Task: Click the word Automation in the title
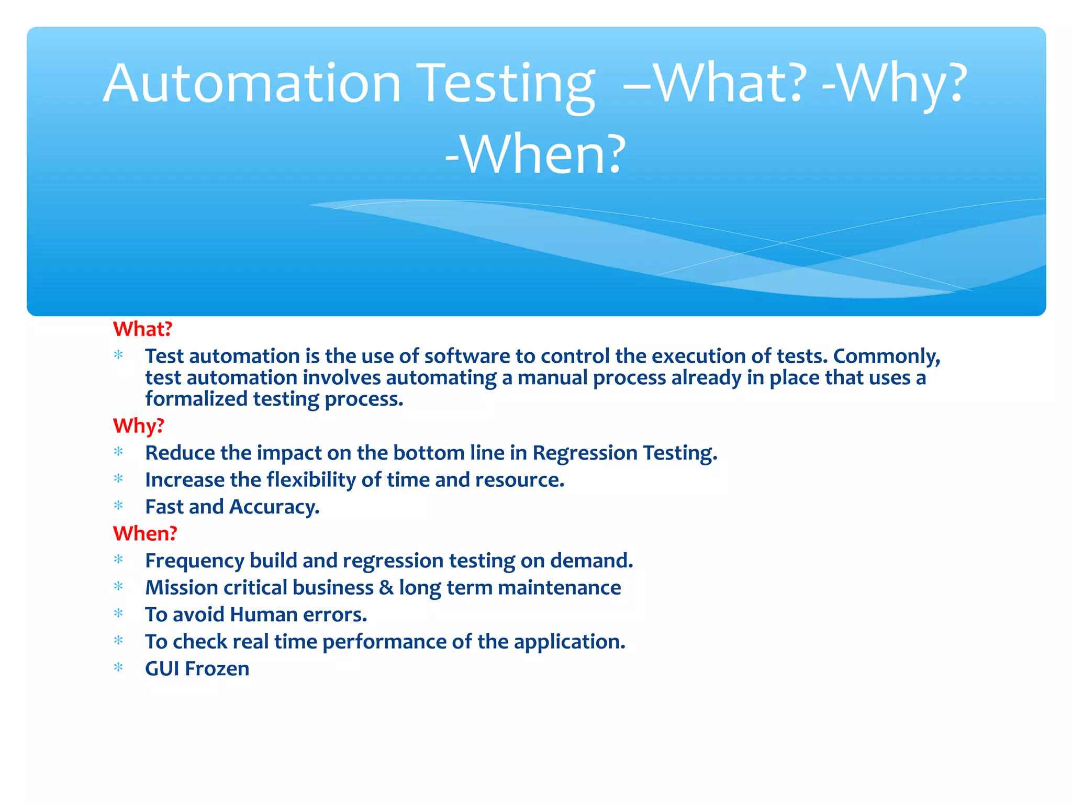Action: coord(252,83)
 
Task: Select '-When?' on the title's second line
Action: coord(535,154)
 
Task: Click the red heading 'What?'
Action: coord(142,329)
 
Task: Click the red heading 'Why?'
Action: coord(139,426)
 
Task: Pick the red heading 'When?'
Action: coord(145,534)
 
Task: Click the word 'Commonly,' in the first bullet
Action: coord(887,356)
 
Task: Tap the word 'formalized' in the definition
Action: coord(196,399)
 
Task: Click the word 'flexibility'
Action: coord(311,480)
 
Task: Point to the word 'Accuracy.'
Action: coord(274,507)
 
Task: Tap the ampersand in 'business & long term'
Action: coord(386,588)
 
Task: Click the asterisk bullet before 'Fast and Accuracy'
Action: coord(119,506)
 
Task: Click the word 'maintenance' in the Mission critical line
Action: coord(559,588)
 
